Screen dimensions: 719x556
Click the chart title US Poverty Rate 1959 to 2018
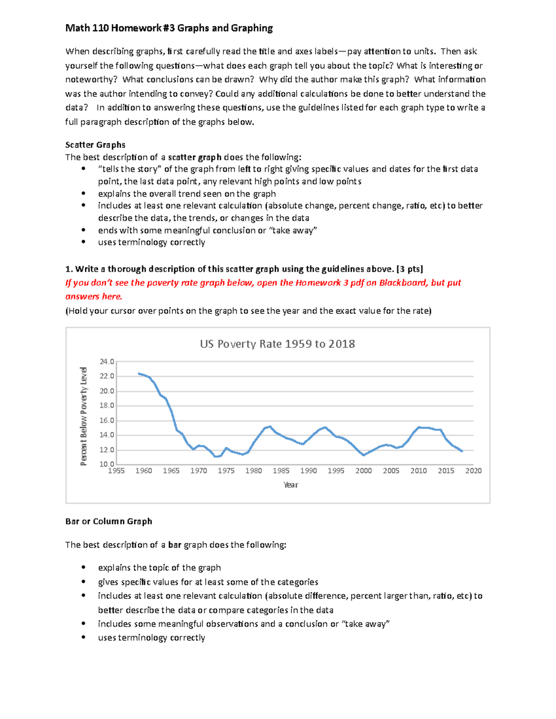tap(277, 344)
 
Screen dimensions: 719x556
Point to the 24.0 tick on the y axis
tap(107, 362)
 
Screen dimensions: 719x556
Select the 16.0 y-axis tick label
tap(107, 420)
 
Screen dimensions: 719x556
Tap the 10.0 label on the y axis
tap(107, 464)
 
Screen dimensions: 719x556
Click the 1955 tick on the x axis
tap(116, 471)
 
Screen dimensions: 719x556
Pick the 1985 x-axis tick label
tap(281, 471)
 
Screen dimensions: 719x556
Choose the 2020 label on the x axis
tap(473, 471)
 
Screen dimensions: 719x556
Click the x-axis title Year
tap(291, 485)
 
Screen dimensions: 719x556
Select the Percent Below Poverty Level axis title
tap(84, 416)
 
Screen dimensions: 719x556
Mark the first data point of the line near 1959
tap(139, 373)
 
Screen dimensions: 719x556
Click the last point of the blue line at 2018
tap(462, 451)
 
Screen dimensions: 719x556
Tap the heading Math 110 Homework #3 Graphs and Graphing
tap(169, 28)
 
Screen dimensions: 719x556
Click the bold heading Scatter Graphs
tap(95, 145)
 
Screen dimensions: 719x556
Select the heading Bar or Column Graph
tap(109, 521)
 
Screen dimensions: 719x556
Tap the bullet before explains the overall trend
tap(83, 194)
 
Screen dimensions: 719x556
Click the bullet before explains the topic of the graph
tap(83, 568)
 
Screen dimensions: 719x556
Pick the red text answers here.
tap(94, 297)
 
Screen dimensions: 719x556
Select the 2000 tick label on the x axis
tap(363, 471)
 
